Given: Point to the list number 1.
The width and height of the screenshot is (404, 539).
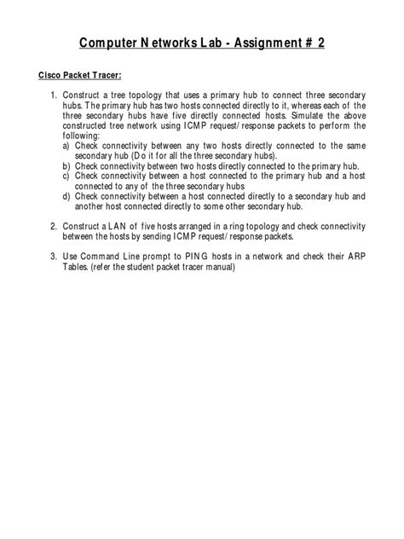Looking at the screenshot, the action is coord(53,92).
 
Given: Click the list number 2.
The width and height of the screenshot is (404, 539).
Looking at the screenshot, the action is coord(53,226).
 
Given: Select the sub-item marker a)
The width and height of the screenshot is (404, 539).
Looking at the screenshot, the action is coord(66,145).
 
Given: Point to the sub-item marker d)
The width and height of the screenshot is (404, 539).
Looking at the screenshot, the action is coord(66,194).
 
